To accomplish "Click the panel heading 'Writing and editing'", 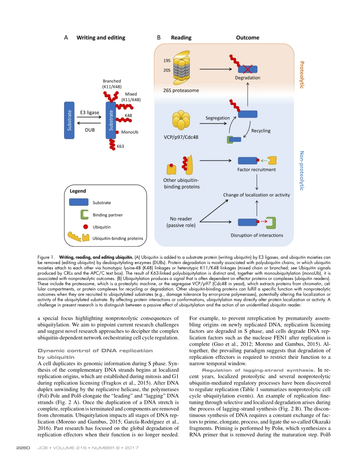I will tap(100, 38).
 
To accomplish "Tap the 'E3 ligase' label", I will tap(89, 112).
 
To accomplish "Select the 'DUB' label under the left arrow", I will tap(89, 130).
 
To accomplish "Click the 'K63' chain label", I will tap(120, 146).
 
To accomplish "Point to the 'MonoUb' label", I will tap(130, 132).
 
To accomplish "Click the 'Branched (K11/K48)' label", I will tap(112, 84).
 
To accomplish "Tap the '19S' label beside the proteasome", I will tap(167, 61).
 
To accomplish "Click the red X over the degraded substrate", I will tap(247, 69).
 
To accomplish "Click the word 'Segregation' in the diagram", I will tap(218, 118).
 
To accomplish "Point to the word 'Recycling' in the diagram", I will tap(261, 131).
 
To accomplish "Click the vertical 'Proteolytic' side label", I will tap(302, 75).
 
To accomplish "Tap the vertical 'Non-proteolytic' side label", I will tap(302, 170).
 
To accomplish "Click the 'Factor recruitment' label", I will tap(257, 170).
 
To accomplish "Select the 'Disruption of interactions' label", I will tap(257, 235).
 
